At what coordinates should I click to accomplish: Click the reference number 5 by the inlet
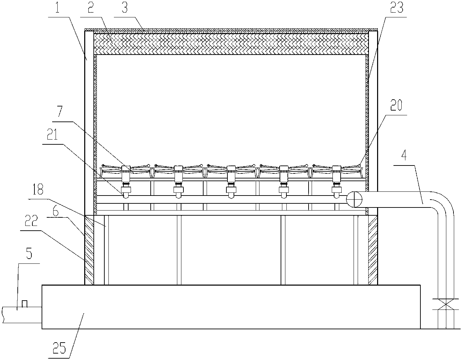pyautogui.click(x=29, y=254)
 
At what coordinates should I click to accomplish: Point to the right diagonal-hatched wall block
pyautogui.click(x=372, y=250)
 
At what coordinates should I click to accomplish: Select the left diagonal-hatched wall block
pyautogui.click(x=89, y=250)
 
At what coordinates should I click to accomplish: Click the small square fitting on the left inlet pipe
pyautogui.click(x=24, y=304)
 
